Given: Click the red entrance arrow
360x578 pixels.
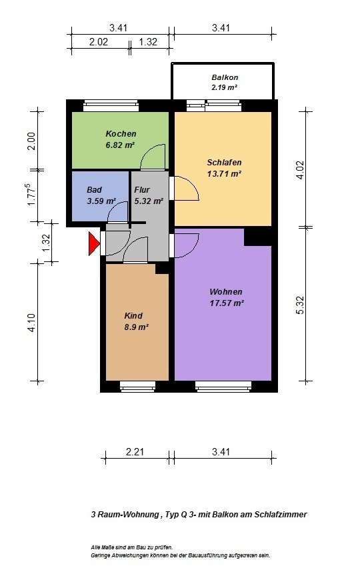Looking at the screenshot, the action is [93, 243].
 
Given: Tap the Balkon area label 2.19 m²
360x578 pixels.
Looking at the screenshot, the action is [224, 88].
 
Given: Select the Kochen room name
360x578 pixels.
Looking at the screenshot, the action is [121, 134].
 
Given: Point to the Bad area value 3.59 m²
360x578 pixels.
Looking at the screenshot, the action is [101, 201].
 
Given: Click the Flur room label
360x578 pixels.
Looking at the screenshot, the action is [142, 190].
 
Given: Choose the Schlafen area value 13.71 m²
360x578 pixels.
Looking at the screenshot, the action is [224, 174].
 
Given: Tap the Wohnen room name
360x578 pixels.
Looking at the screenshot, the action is [226, 292].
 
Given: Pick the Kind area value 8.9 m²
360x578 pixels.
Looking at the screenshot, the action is [137, 327].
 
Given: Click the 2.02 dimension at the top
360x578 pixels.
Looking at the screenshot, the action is [99, 42].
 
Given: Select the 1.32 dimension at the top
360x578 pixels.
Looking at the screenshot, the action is [148, 42].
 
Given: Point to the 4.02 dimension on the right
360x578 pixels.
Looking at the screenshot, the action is [300, 170].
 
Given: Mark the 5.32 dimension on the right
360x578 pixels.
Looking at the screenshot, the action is [300, 305].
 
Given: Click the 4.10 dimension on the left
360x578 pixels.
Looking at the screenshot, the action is [31, 323].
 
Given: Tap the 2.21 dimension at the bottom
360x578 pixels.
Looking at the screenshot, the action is [135, 452].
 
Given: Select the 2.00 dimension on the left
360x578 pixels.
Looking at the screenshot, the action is [31, 141].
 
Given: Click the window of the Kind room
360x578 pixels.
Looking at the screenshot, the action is [138, 385].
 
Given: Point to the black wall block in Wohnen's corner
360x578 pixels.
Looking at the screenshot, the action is [258, 237].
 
